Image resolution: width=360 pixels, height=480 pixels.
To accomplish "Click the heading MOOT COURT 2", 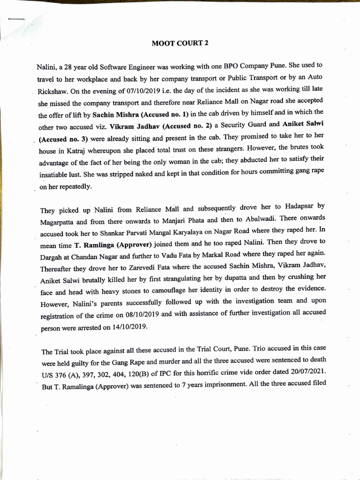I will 180,43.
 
